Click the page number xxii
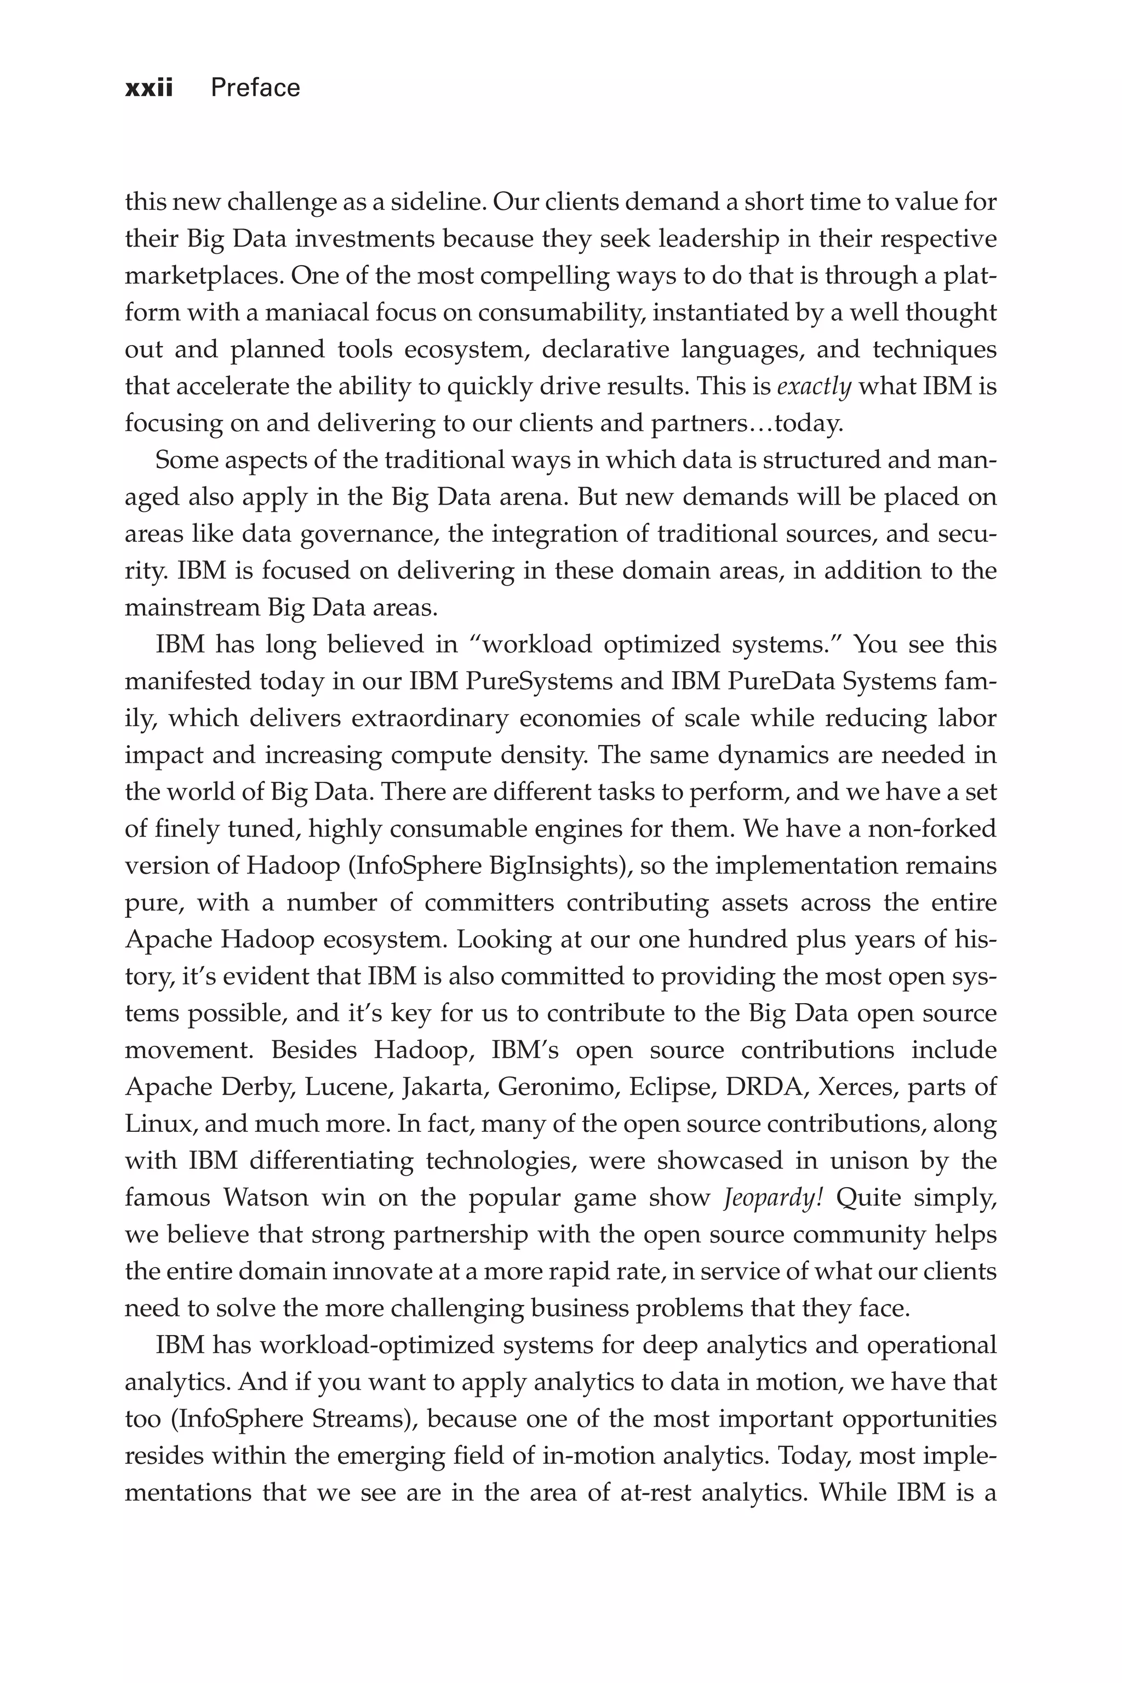click(x=149, y=88)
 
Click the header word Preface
click(x=255, y=88)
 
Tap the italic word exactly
click(x=814, y=387)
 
